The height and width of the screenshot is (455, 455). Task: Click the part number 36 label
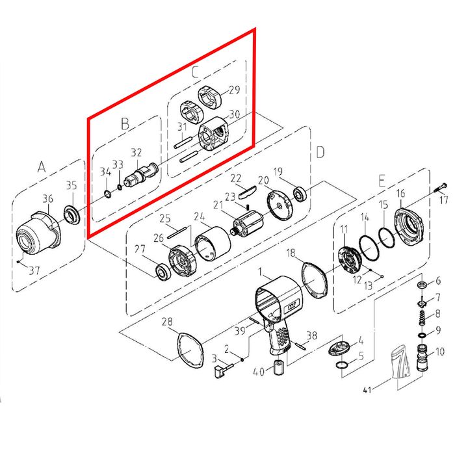(48, 199)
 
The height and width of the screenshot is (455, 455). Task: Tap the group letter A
(42, 167)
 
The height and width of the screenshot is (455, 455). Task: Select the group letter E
(382, 181)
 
